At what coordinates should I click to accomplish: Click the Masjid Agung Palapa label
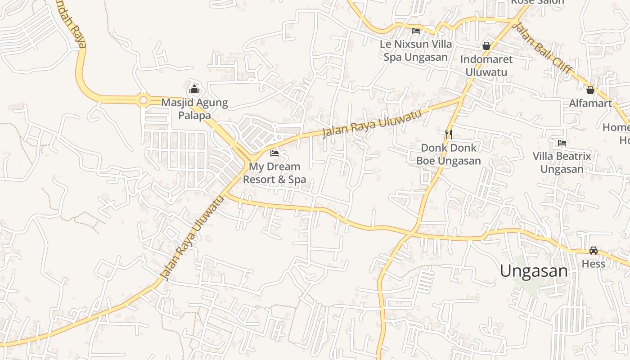(x=194, y=109)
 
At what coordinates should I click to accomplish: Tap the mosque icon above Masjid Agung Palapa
(x=194, y=89)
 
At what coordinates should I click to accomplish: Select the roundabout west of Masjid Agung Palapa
(x=144, y=100)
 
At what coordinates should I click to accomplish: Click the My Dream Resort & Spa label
(x=274, y=173)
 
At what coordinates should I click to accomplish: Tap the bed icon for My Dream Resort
(x=274, y=153)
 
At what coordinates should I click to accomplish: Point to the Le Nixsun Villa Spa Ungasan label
(x=416, y=50)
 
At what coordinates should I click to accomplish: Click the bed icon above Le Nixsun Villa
(x=416, y=31)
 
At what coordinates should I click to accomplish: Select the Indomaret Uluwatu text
(x=486, y=66)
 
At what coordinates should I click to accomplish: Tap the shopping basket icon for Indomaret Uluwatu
(x=486, y=46)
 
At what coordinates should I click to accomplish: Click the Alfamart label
(x=590, y=103)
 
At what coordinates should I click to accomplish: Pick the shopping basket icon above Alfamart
(x=590, y=90)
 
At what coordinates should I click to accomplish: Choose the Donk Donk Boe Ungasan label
(x=448, y=154)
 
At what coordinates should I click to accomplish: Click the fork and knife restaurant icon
(x=448, y=134)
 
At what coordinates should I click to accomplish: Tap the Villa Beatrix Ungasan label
(x=562, y=162)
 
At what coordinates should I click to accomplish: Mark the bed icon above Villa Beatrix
(x=562, y=143)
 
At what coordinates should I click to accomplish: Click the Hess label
(x=594, y=264)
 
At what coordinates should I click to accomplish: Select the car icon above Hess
(x=594, y=251)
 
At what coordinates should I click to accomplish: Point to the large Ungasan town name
(x=534, y=271)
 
